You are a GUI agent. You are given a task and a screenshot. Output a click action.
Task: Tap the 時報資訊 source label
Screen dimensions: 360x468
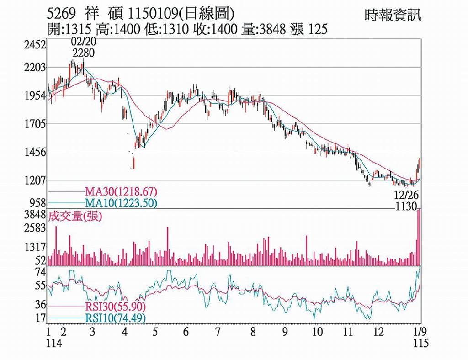pyautogui.click(x=393, y=15)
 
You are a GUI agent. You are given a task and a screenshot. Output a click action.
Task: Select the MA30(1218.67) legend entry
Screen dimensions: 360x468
pyautogui.click(x=121, y=191)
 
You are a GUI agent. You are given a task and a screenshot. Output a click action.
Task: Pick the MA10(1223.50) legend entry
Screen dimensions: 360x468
pyautogui.click(x=121, y=203)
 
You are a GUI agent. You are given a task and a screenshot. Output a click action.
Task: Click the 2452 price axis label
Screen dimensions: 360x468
pyautogui.click(x=36, y=44)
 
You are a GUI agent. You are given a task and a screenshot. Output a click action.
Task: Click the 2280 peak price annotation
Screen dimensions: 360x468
pyautogui.click(x=83, y=53)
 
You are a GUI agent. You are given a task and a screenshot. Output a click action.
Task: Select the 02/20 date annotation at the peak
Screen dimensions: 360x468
pyautogui.click(x=83, y=42)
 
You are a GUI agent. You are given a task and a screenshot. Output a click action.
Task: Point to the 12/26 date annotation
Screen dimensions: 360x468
pyautogui.click(x=406, y=195)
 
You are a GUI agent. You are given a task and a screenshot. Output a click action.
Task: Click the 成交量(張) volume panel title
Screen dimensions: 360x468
pyautogui.click(x=75, y=217)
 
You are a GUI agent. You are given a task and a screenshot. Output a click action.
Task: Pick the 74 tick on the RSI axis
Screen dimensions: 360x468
pyautogui.click(x=41, y=273)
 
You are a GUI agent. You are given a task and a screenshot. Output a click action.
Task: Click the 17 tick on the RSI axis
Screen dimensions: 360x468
pyautogui.click(x=41, y=318)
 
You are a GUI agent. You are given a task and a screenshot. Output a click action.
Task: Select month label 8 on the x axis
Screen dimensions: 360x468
pyautogui.click(x=253, y=332)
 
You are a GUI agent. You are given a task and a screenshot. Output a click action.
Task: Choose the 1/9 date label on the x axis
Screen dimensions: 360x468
pyautogui.click(x=420, y=332)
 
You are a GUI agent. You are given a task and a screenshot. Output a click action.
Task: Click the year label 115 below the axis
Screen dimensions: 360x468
pyautogui.click(x=420, y=343)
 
